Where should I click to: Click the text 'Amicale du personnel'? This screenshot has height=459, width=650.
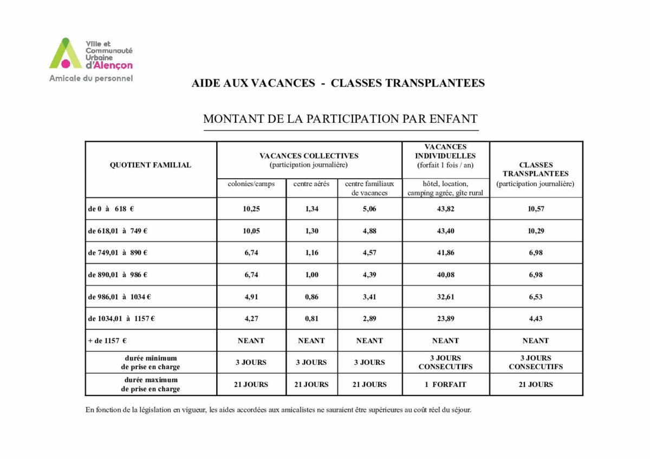point(91,78)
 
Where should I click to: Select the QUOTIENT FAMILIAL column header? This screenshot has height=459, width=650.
point(151,165)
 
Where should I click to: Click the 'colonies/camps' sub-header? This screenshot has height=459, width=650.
point(251,184)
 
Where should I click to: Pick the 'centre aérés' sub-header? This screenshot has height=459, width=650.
point(311,184)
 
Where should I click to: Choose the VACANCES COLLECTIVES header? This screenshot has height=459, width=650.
point(309,156)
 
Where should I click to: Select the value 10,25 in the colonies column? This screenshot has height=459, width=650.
point(251,209)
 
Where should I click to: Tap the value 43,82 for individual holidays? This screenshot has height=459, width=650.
point(446,209)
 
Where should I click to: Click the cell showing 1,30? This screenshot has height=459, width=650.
point(311,231)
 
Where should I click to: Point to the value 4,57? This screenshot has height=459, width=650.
point(370,253)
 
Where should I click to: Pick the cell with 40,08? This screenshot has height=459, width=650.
point(446,275)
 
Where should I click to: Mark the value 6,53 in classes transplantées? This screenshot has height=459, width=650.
point(536,297)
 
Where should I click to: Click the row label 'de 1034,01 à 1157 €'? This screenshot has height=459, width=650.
point(121,319)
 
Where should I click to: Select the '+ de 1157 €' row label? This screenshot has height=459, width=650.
point(107,341)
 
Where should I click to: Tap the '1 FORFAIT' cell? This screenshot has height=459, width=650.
point(446,385)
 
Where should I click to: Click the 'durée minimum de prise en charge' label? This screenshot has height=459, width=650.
point(151,363)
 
